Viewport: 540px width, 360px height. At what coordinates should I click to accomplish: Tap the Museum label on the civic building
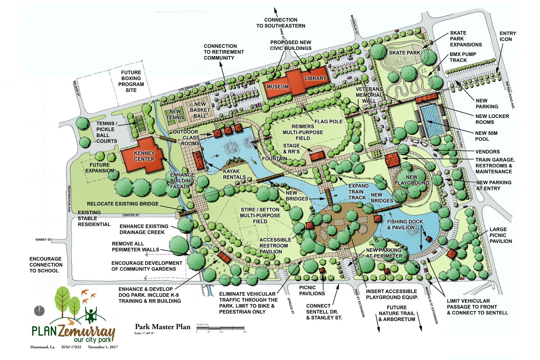pos(277,87)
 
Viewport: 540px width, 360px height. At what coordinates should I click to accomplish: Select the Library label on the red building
pos(315,78)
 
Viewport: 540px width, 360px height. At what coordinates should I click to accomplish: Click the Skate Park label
pos(404,53)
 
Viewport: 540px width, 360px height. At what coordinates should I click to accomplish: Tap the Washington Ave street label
pos(69,199)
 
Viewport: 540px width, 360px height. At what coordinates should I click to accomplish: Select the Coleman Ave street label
pos(189,88)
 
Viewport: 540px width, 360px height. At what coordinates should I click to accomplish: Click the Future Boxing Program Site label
pos(131,81)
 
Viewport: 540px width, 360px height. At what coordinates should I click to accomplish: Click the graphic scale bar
pos(220,328)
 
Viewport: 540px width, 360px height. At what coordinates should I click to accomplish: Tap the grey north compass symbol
pos(40,310)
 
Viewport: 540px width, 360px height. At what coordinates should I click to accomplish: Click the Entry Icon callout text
pos(508,36)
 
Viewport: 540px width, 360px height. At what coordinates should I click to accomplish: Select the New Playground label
pos(411,180)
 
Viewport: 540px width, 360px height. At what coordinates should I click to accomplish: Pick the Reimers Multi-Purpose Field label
pos(303,132)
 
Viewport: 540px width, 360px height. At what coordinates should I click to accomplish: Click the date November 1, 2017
pos(103,347)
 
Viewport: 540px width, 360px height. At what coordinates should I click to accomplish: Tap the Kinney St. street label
pos(44,240)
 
